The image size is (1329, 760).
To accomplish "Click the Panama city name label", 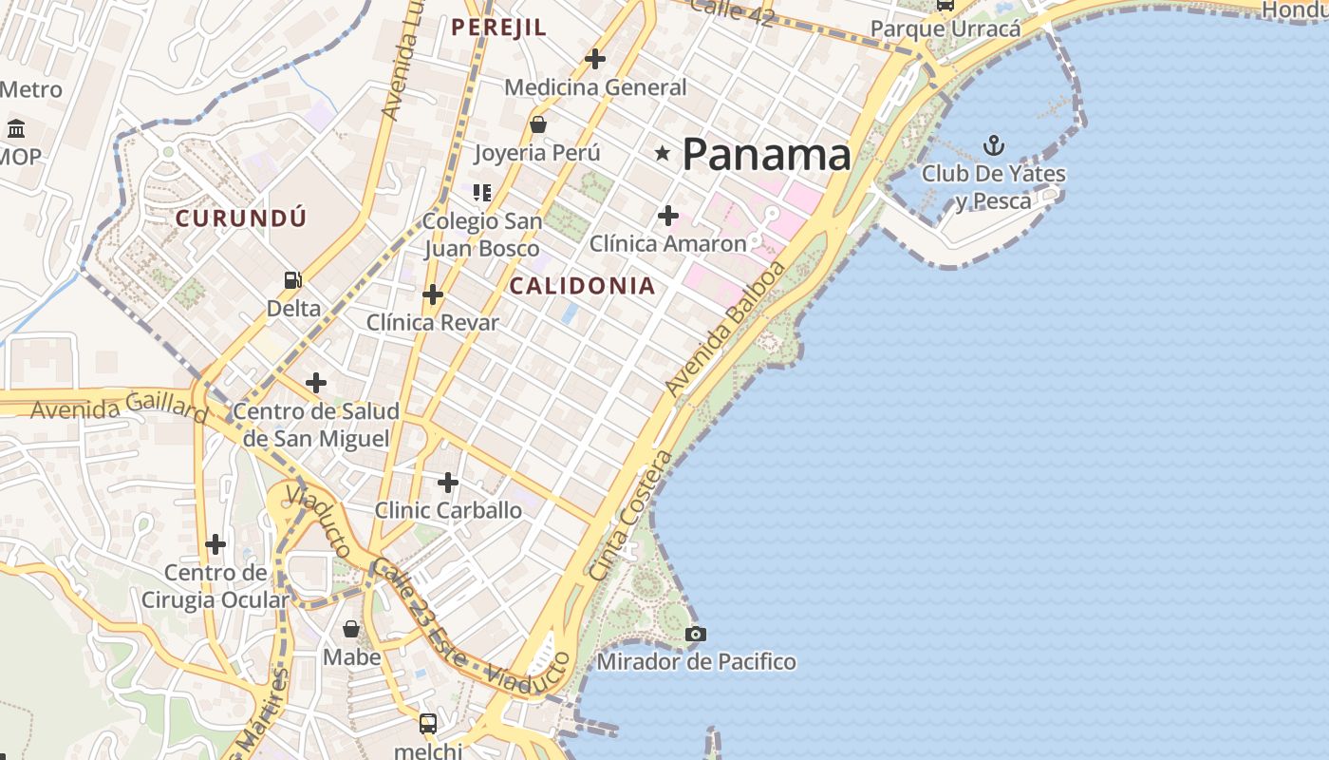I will click(x=766, y=154).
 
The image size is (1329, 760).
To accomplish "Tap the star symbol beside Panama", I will click(x=663, y=153).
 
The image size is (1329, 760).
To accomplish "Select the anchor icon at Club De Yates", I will click(x=993, y=145).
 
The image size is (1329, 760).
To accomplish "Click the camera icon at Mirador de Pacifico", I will click(x=696, y=634).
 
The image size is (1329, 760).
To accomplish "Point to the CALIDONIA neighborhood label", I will click(x=582, y=286).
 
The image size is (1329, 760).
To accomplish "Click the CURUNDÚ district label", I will click(x=241, y=218).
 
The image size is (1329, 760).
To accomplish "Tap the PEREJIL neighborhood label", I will click(x=498, y=28).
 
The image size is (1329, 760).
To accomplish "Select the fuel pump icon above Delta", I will click(x=293, y=280).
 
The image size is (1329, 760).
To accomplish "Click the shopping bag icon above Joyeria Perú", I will click(x=537, y=124).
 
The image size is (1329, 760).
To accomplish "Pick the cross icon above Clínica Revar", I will click(x=433, y=294).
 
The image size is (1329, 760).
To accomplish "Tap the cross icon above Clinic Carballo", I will click(x=448, y=483).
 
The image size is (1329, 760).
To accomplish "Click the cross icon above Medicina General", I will click(x=595, y=59).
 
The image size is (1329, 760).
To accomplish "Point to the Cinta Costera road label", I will click(x=629, y=516).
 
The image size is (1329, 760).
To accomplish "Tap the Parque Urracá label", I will click(x=945, y=28).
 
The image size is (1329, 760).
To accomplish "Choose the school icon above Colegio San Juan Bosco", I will click(x=482, y=193).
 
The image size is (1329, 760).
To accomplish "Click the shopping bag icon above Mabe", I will click(x=351, y=629).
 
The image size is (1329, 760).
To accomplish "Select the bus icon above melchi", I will click(x=428, y=724).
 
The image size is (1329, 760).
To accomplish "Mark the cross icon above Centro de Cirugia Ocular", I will click(x=215, y=544).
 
